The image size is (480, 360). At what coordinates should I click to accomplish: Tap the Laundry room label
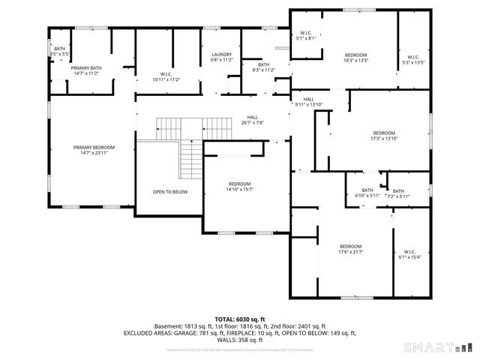pyautogui.click(x=221, y=56)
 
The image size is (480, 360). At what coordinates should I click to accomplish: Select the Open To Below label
pyautogui.click(x=170, y=191)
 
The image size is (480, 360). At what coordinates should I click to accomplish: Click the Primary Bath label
pyautogui.click(x=86, y=70)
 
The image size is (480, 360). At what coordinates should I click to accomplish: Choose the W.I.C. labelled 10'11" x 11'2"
pyautogui.click(x=166, y=76)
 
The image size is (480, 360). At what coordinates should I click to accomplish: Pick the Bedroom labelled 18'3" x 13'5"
pyautogui.click(x=355, y=58)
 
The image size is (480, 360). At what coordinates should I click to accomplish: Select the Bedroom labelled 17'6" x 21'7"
pyautogui.click(x=350, y=250)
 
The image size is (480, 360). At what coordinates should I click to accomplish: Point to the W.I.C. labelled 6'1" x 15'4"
pyautogui.click(x=409, y=254)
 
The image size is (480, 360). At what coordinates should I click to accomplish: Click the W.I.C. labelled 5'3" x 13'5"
pyautogui.click(x=413, y=59)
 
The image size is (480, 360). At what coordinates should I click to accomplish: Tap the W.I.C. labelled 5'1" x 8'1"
pyautogui.click(x=306, y=35)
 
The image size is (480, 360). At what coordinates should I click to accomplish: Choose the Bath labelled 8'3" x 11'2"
pyautogui.click(x=263, y=67)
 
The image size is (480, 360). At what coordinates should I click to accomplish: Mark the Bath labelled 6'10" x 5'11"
pyautogui.click(x=367, y=193)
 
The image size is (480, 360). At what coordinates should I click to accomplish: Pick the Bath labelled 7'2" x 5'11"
pyautogui.click(x=397, y=193)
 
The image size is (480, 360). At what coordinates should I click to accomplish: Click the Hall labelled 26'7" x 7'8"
pyautogui.click(x=253, y=120)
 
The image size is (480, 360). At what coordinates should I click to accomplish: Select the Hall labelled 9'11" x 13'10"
pyautogui.click(x=309, y=102)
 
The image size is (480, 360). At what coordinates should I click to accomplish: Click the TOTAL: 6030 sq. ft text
pyautogui.click(x=239, y=319)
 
